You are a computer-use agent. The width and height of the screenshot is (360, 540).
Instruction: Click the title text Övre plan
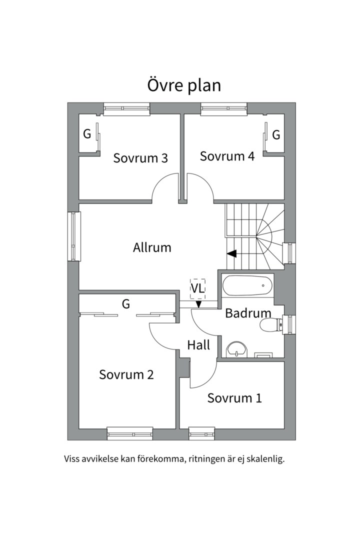[x=184, y=85]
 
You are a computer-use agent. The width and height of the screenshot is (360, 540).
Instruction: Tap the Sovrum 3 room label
[x=140, y=158]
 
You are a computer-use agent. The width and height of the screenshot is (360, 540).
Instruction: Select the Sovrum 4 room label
[x=227, y=156]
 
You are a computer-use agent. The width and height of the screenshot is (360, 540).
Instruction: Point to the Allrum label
[x=152, y=247]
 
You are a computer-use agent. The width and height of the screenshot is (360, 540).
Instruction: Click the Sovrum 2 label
[x=126, y=374]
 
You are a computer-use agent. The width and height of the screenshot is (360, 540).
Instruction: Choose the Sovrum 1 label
[x=234, y=398]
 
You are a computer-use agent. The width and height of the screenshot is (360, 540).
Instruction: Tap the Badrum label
[x=248, y=313]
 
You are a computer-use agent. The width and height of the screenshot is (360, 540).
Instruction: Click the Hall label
[x=199, y=344]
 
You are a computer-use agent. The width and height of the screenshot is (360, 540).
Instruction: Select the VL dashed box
[x=197, y=289]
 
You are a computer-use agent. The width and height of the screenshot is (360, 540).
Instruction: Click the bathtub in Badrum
[x=247, y=285]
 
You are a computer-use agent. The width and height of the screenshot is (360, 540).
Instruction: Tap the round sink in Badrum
[x=236, y=349]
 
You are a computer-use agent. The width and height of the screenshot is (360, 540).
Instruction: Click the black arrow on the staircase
[x=231, y=254]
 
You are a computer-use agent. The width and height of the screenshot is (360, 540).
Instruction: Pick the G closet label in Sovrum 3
[x=87, y=133]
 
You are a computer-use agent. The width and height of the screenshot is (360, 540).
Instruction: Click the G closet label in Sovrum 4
[x=276, y=135]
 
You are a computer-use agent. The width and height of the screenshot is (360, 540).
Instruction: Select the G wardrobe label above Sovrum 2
[x=126, y=304]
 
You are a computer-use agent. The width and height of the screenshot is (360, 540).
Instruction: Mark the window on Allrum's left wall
[x=73, y=236]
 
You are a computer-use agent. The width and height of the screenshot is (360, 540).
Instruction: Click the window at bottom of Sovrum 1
[x=202, y=433]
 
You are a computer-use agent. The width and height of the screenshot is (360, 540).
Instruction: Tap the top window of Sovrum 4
[x=224, y=109]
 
